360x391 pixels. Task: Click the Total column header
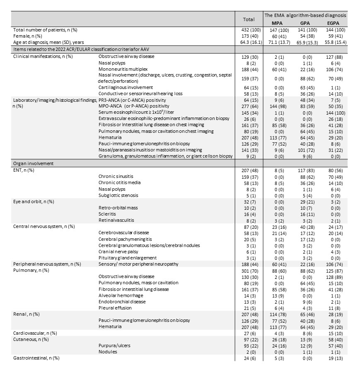pyautogui.click(x=249, y=19)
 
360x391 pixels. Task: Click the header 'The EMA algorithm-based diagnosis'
pyautogui.click(x=305, y=15)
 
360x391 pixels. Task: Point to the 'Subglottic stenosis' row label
pyautogui.click(x=118, y=195)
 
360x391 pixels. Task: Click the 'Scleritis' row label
pyautogui.click(x=108, y=214)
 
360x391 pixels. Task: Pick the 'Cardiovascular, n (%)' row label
pyautogui.click(x=35, y=333)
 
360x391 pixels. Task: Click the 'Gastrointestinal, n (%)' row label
pyautogui.click(x=36, y=358)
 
